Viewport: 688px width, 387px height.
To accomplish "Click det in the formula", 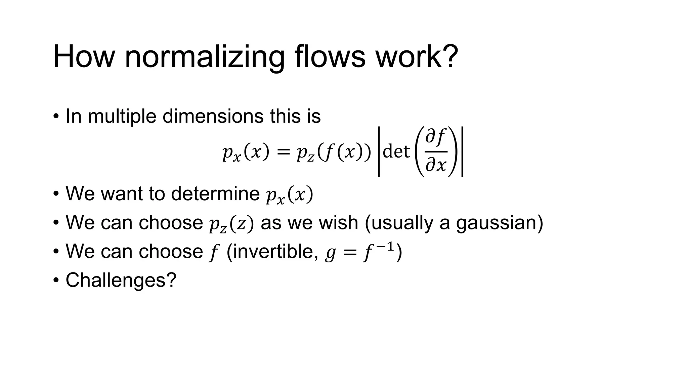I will [x=396, y=152].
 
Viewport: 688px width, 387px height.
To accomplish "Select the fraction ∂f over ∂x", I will [x=436, y=152].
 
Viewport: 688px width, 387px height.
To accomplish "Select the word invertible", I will [x=272, y=251].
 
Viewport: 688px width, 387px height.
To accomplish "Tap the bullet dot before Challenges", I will [x=56, y=280].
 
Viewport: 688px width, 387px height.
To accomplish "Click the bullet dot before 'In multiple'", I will [x=56, y=117].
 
